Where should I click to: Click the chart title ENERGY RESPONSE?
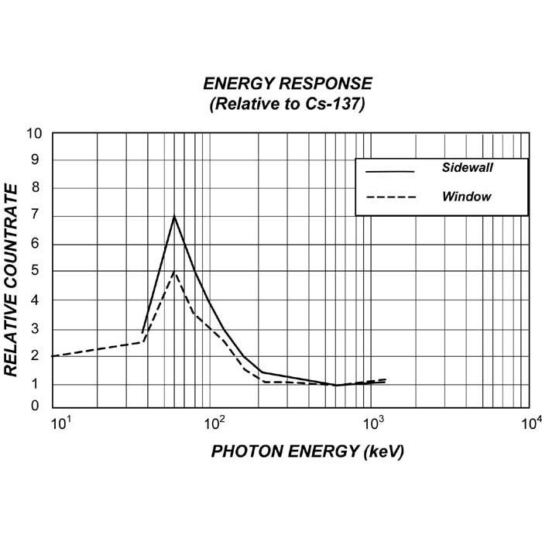pyautogui.click(x=287, y=84)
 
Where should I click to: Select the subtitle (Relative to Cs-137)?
pyautogui.click(x=287, y=105)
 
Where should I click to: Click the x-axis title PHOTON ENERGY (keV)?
pyautogui.click(x=307, y=451)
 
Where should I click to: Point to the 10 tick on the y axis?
pyautogui.click(x=34, y=132)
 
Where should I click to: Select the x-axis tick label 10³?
pyautogui.click(x=374, y=423)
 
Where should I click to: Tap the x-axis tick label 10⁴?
pyautogui.click(x=530, y=423)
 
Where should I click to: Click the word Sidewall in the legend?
pyautogui.click(x=468, y=167)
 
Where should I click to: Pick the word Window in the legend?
pyautogui.click(x=466, y=197)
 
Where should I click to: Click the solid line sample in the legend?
pyautogui.click(x=390, y=170)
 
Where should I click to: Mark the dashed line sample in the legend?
pyautogui.click(x=390, y=197)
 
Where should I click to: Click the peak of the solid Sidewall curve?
pyautogui.click(x=174, y=216)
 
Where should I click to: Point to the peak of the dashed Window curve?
pyautogui.click(x=175, y=272)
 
